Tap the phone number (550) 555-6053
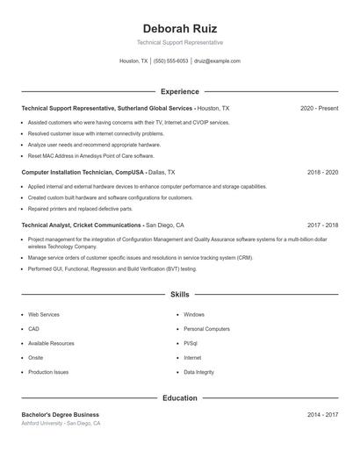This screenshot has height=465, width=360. point(170,61)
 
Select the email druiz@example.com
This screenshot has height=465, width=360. point(217,61)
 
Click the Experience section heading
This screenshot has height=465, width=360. point(179,91)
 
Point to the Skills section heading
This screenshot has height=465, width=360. point(179,295)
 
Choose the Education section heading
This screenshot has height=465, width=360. point(179,398)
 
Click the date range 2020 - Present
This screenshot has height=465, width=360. point(319,108)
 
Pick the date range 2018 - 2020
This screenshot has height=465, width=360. point(322,173)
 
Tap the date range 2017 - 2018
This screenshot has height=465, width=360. point(322,225)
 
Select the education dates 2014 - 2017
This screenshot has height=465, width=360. point(322,414)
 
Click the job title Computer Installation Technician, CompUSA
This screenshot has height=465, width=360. point(83,173)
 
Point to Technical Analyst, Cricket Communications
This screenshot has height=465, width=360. point(82,225)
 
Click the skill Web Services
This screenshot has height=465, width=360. point(44,314)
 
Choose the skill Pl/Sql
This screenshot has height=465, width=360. point(191,343)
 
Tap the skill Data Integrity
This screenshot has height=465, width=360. point(198,372)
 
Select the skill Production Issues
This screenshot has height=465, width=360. point(48,372)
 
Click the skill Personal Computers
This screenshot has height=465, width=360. point(206,329)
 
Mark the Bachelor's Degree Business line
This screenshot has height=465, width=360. point(60,414)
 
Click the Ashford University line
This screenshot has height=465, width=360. point(61,423)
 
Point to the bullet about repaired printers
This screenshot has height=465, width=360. point(80,209)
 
